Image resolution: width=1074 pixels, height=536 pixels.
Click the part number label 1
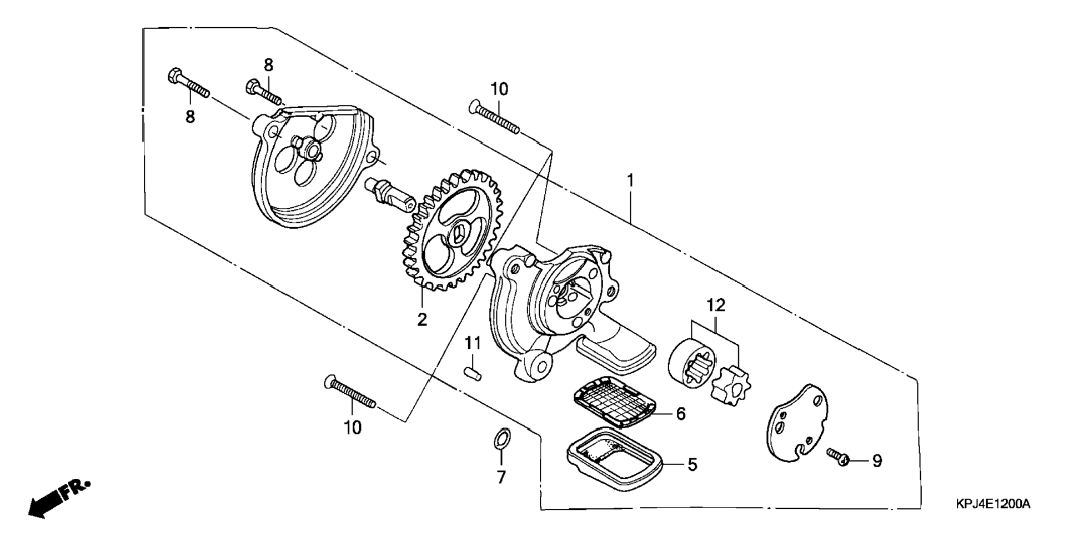coord(630,181)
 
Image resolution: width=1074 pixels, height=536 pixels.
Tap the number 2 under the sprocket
coord(422,319)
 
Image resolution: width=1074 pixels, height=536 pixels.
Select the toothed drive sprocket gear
coord(451,230)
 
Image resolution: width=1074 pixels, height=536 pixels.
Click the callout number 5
coord(692,464)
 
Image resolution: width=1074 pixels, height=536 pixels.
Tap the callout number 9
coord(877,461)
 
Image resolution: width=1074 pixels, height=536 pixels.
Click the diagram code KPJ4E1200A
coord(992,504)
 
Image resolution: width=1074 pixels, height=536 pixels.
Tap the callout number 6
coord(681,414)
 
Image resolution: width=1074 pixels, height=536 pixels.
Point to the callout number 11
coord(472,343)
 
